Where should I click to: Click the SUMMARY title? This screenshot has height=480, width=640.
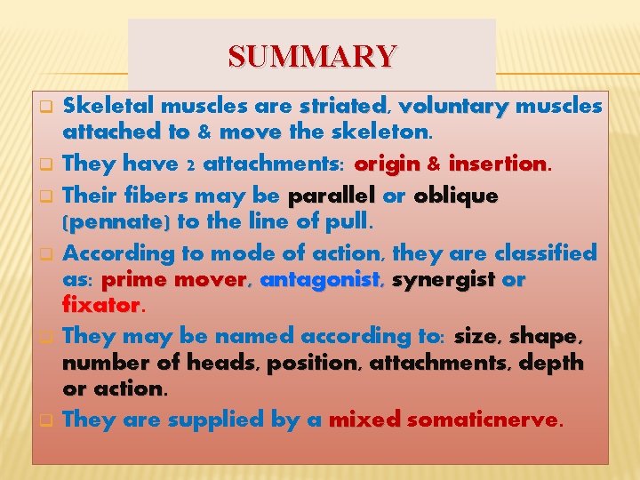pos(311,57)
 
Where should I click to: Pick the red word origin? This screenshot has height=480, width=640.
pos(387,164)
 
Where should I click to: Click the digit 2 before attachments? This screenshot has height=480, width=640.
pos(190,165)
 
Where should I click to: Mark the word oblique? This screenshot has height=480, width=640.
pos(455,194)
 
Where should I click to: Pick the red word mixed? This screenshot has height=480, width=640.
pos(364,420)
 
